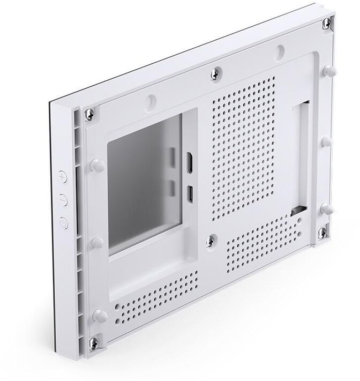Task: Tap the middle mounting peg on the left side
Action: pyautogui.click(x=97, y=242)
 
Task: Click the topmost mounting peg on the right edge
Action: pyautogui.click(x=328, y=70)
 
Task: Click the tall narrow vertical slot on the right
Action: pyautogui.click(x=300, y=155)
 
